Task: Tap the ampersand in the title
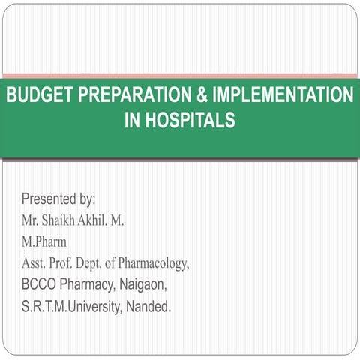[203, 96]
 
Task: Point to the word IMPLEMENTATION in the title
[283, 96]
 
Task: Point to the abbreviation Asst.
[36, 264]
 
